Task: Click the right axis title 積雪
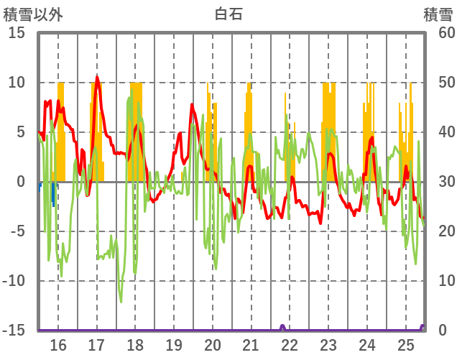(x=438, y=14)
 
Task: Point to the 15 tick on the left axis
(x=17, y=33)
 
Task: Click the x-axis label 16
(x=58, y=346)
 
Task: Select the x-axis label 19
(x=174, y=346)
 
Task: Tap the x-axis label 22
(x=290, y=346)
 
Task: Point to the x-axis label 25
(x=406, y=346)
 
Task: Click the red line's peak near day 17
(x=97, y=77)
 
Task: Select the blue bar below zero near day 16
(x=53, y=194)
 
